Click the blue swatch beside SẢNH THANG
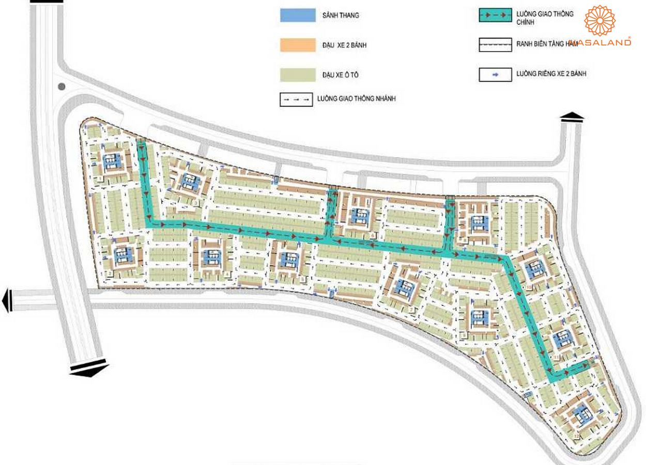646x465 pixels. [297, 16]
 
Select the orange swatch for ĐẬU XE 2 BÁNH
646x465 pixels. [297, 45]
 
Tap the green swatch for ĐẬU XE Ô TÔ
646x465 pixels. [297, 75]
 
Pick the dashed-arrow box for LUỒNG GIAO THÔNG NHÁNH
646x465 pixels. [296, 99]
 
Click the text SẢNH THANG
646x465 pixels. [340, 16]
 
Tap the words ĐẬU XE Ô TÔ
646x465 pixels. [340, 75]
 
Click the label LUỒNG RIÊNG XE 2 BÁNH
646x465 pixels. [551, 74]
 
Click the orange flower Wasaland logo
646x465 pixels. [600, 21]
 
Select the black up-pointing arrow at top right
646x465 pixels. [572, 117]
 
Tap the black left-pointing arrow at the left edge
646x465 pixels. [7, 300]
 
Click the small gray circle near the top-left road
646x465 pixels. [62, 87]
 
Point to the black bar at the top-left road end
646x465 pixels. [47, 2]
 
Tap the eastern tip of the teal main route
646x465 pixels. [588, 365]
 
